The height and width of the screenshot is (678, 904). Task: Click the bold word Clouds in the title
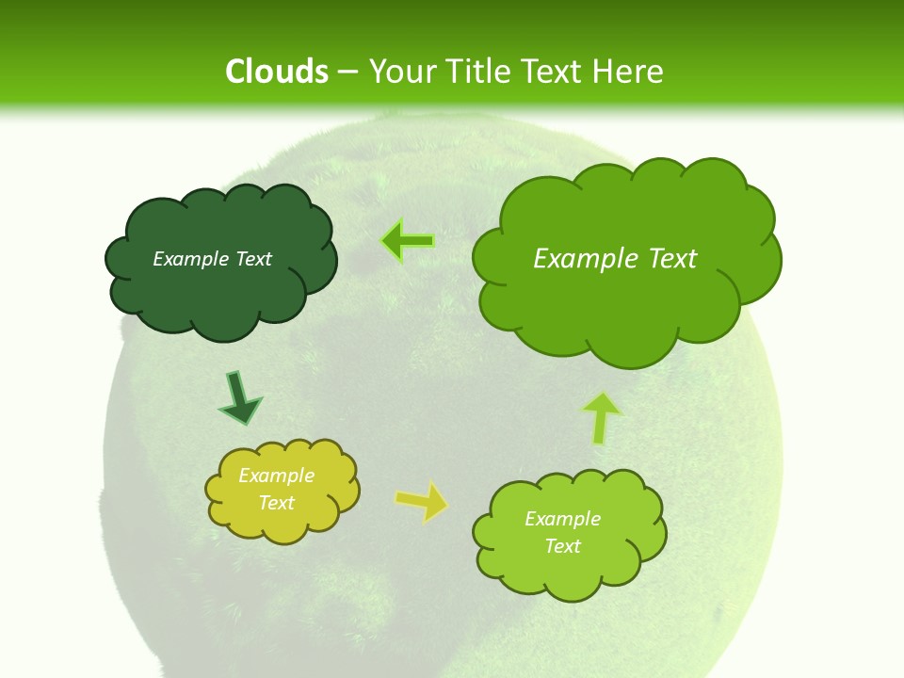[x=277, y=72]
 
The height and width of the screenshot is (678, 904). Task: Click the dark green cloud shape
[x=221, y=292]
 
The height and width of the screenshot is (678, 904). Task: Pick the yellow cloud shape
[x=282, y=523]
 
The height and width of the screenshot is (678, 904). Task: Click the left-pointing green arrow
[x=408, y=241]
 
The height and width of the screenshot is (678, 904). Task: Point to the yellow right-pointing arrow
[x=421, y=502]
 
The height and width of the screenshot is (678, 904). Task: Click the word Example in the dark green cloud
[x=188, y=259]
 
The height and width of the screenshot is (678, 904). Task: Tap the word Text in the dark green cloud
[x=252, y=259]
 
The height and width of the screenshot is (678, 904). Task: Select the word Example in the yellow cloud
[x=276, y=476]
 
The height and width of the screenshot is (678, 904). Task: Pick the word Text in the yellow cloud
[x=276, y=503]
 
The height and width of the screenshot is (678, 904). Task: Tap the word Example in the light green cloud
[x=562, y=519]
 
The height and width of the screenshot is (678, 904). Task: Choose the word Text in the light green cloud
[x=562, y=546]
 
